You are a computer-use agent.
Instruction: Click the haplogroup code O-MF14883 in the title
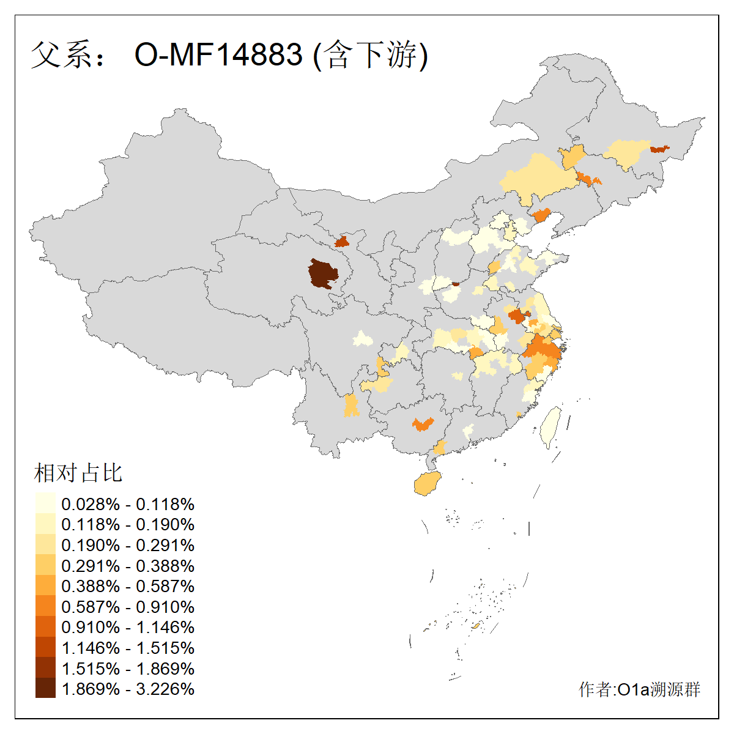click(x=218, y=54)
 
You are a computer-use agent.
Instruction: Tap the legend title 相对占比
click(x=78, y=473)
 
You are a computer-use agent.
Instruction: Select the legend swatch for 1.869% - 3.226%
click(x=45, y=689)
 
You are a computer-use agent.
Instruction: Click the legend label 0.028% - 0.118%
click(x=128, y=504)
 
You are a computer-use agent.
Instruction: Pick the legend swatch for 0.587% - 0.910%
click(x=45, y=607)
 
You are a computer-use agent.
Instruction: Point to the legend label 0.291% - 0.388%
click(x=128, y=566)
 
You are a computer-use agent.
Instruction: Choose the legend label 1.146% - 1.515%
click(x=128, y=648)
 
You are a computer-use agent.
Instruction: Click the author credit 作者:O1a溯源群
click(x=639, y=689)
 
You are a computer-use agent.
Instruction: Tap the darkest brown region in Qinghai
click(x=322, y=273)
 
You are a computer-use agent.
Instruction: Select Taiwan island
click(x=550, y=426)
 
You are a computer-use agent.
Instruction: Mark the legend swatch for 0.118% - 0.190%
click(x=45, y=524)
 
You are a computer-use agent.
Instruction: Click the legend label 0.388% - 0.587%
click(x=128, y=586)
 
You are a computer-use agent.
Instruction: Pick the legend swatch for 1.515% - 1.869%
click(x=45, y=669)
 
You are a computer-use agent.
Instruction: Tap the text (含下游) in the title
click(x=370, y=54)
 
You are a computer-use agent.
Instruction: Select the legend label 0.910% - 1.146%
click(x=128, y=627)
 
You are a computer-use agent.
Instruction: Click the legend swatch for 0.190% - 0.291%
click(x=45, y=545)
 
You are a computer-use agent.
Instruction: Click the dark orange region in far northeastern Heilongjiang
click(x=659, y=149)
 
